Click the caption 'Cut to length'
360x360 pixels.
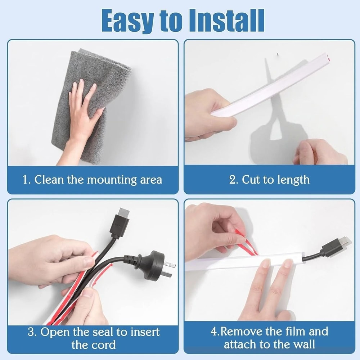coord(276,180)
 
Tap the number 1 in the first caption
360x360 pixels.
coord(25,180)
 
